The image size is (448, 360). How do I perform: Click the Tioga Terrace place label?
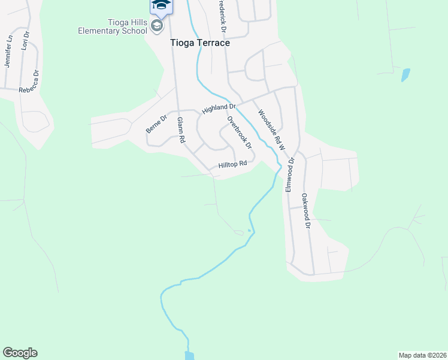click(199, 43)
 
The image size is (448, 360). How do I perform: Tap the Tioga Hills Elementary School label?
click(111, 26)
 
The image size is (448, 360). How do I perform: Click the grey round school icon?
click(157, 26)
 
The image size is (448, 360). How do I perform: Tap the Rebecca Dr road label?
click(29, 82)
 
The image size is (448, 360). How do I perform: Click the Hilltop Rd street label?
click(232, 164)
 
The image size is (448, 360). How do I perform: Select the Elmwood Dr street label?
click(290, 175)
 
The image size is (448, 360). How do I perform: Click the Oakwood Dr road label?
click(306, 211)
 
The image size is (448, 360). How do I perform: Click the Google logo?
click(20, 353)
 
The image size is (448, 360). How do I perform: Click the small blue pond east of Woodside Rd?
click(405, 75)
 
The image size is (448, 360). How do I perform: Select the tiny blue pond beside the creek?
click(249, 230)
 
